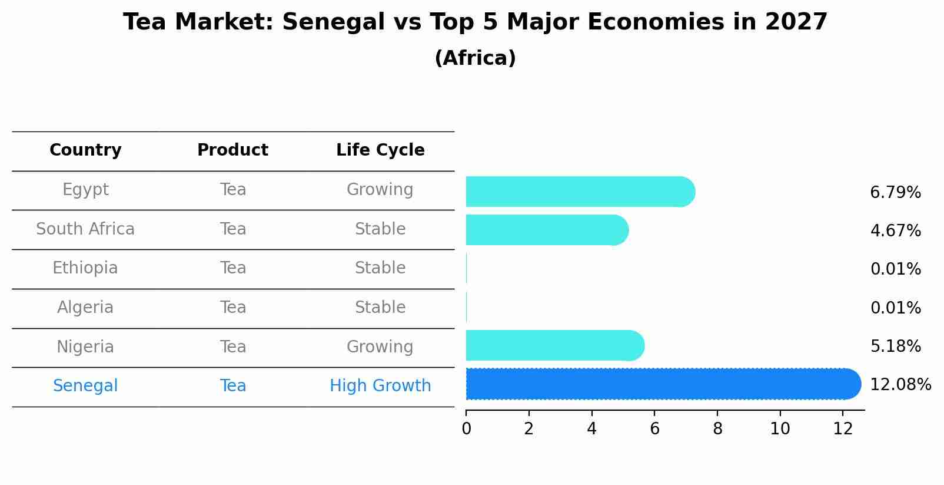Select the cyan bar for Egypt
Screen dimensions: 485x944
click(x=580, y=192)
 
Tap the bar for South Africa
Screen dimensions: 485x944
click(x=547, y=230)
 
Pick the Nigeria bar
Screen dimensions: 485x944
click(x=554, y=345)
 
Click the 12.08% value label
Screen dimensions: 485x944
click(x=900, y=385)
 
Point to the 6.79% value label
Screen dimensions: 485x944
click(x=895, y=193)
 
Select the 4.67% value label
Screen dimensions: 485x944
click(x=895, y=231)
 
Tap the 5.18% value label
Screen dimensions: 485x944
click(x=895, y=347)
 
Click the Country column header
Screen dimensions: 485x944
click(x=85, y=150)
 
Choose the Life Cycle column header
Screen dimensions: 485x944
click(x=380, y=150)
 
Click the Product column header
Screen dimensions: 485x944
click(x=232, y=150)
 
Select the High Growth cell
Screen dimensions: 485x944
click(x=380, y=386)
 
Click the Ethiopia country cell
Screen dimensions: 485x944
click(x=85, y=268)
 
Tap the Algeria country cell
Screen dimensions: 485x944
click(x=85, y=308)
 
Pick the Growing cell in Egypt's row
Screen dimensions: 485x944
click(x=380, y=190)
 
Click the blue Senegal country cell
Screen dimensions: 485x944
click(x=85, y=386)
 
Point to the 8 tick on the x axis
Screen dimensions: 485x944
click(x=717, y=429)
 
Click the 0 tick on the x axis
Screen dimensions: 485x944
click(x=466, y=429)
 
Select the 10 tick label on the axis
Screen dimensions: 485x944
click(x=780, y=429)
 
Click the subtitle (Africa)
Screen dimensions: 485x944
click(x=475, y=58)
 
